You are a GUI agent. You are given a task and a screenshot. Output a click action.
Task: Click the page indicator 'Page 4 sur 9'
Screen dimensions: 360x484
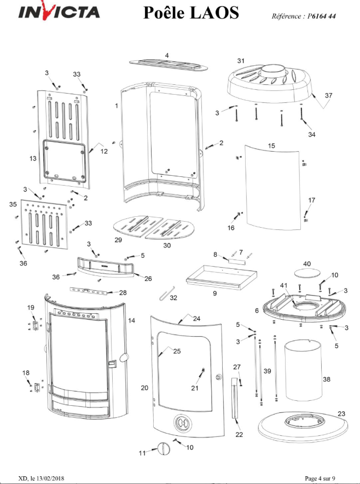(320, 478)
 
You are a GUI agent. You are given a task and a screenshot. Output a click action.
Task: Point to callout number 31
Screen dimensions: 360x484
(241, 61)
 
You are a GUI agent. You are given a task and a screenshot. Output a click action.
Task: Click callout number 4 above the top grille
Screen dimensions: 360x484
(167, 55)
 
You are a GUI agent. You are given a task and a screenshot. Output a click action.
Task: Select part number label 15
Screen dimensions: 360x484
(271, 146)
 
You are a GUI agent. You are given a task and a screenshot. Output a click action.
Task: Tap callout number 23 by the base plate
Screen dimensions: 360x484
(341, 413)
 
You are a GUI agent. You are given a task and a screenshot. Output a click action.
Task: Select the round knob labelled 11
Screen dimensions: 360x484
(164, 448)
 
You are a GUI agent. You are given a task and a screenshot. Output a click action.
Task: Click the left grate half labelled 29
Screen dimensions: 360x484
(137, 227)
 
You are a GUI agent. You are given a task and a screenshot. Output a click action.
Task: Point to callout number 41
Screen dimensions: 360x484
(284, 285)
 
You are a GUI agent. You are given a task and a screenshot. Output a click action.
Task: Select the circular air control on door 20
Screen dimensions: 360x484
(182, 423)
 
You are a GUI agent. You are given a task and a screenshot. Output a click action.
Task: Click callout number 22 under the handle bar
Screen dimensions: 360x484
(239, 435)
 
